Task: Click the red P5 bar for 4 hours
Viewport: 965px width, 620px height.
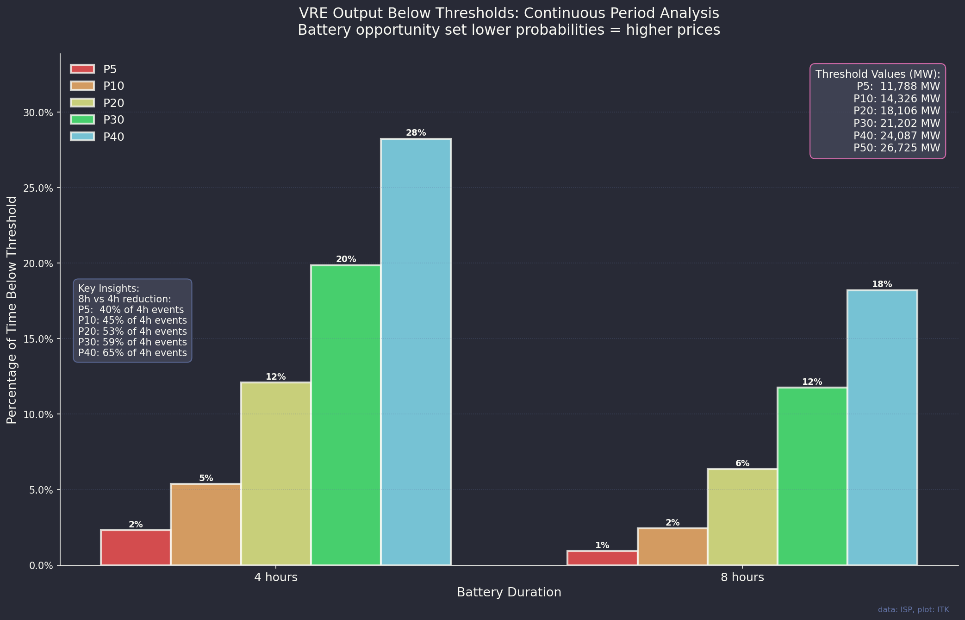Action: coord(136,547)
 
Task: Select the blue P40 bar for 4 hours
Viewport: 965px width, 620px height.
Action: coord(416,352)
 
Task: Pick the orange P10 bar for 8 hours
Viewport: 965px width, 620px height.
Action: coord(672,546)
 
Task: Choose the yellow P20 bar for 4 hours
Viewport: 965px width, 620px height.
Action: coord(276,473)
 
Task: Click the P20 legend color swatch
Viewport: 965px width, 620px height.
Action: coord(82,103)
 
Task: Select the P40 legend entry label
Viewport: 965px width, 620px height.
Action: coord(113,137)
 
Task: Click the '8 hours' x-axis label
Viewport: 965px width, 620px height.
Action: coord(742,577)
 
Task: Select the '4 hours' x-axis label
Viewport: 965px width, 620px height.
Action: coord(276,577)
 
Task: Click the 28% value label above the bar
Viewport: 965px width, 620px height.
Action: coord(416,133)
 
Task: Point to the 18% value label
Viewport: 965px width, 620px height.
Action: coord(882,284)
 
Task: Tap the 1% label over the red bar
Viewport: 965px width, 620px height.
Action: coord(602,545)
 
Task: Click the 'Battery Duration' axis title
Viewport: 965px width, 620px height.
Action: coord(509,592)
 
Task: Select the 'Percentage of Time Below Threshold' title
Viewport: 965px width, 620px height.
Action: coord(12,310)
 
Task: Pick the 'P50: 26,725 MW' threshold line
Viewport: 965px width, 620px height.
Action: coord(897,148)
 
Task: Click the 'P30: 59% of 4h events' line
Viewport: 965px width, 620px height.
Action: coord(132,342)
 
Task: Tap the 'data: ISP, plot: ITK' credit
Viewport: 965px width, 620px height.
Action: coord(913,610)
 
